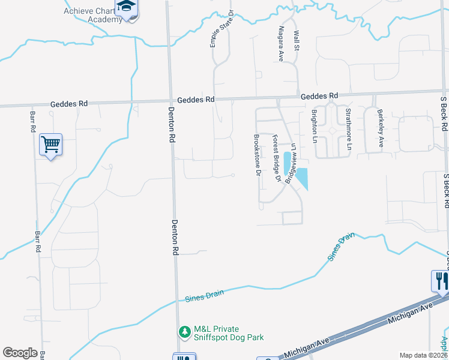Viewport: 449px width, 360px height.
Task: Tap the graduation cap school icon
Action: point(127,8)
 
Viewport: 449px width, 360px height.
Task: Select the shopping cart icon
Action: point(50,144)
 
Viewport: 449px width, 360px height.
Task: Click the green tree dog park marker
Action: point(185,331)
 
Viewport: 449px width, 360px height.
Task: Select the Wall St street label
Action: point(295,41)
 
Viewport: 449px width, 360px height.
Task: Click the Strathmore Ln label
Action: point(348,128)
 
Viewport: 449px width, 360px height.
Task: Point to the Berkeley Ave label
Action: point(380,128)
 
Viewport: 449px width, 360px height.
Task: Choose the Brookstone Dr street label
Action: point(257,155)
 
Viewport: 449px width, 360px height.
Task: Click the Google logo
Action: point(20,353)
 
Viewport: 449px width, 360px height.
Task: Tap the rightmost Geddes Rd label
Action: point(319,96)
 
